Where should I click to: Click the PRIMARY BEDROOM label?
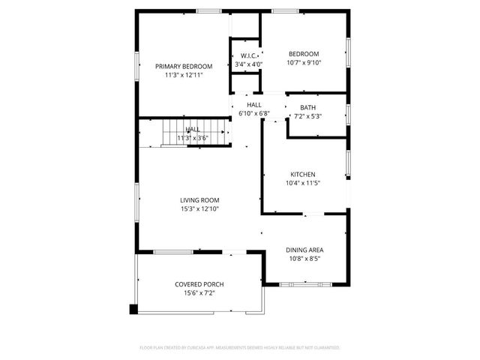[x=184, y=66]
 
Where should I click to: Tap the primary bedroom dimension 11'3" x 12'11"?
[x=184, y=75]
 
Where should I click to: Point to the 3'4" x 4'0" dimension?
[x=249, y=65]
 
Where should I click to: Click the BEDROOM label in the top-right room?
[x=304, y=54]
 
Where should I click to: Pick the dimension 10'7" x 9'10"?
[x=304, y=63]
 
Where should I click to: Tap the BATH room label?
[x=307, y=108]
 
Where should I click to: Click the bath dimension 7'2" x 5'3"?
[x=307, y=117]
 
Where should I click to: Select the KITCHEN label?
[x=304, y=174]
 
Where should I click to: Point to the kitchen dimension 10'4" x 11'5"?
[x=304, y=183]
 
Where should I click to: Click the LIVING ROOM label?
[x=199, y=199]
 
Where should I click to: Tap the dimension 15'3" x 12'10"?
[x=199, y=208]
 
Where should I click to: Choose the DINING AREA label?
[x=304, y=250]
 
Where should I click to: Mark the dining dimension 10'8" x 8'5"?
[x=304, y=259]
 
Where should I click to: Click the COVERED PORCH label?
[x=199, y=284]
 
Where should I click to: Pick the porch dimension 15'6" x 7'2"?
[x=199, y=293]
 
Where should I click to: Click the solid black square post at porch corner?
[x=134, y=308]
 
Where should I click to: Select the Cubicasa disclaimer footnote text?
[x=240, y=348]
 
